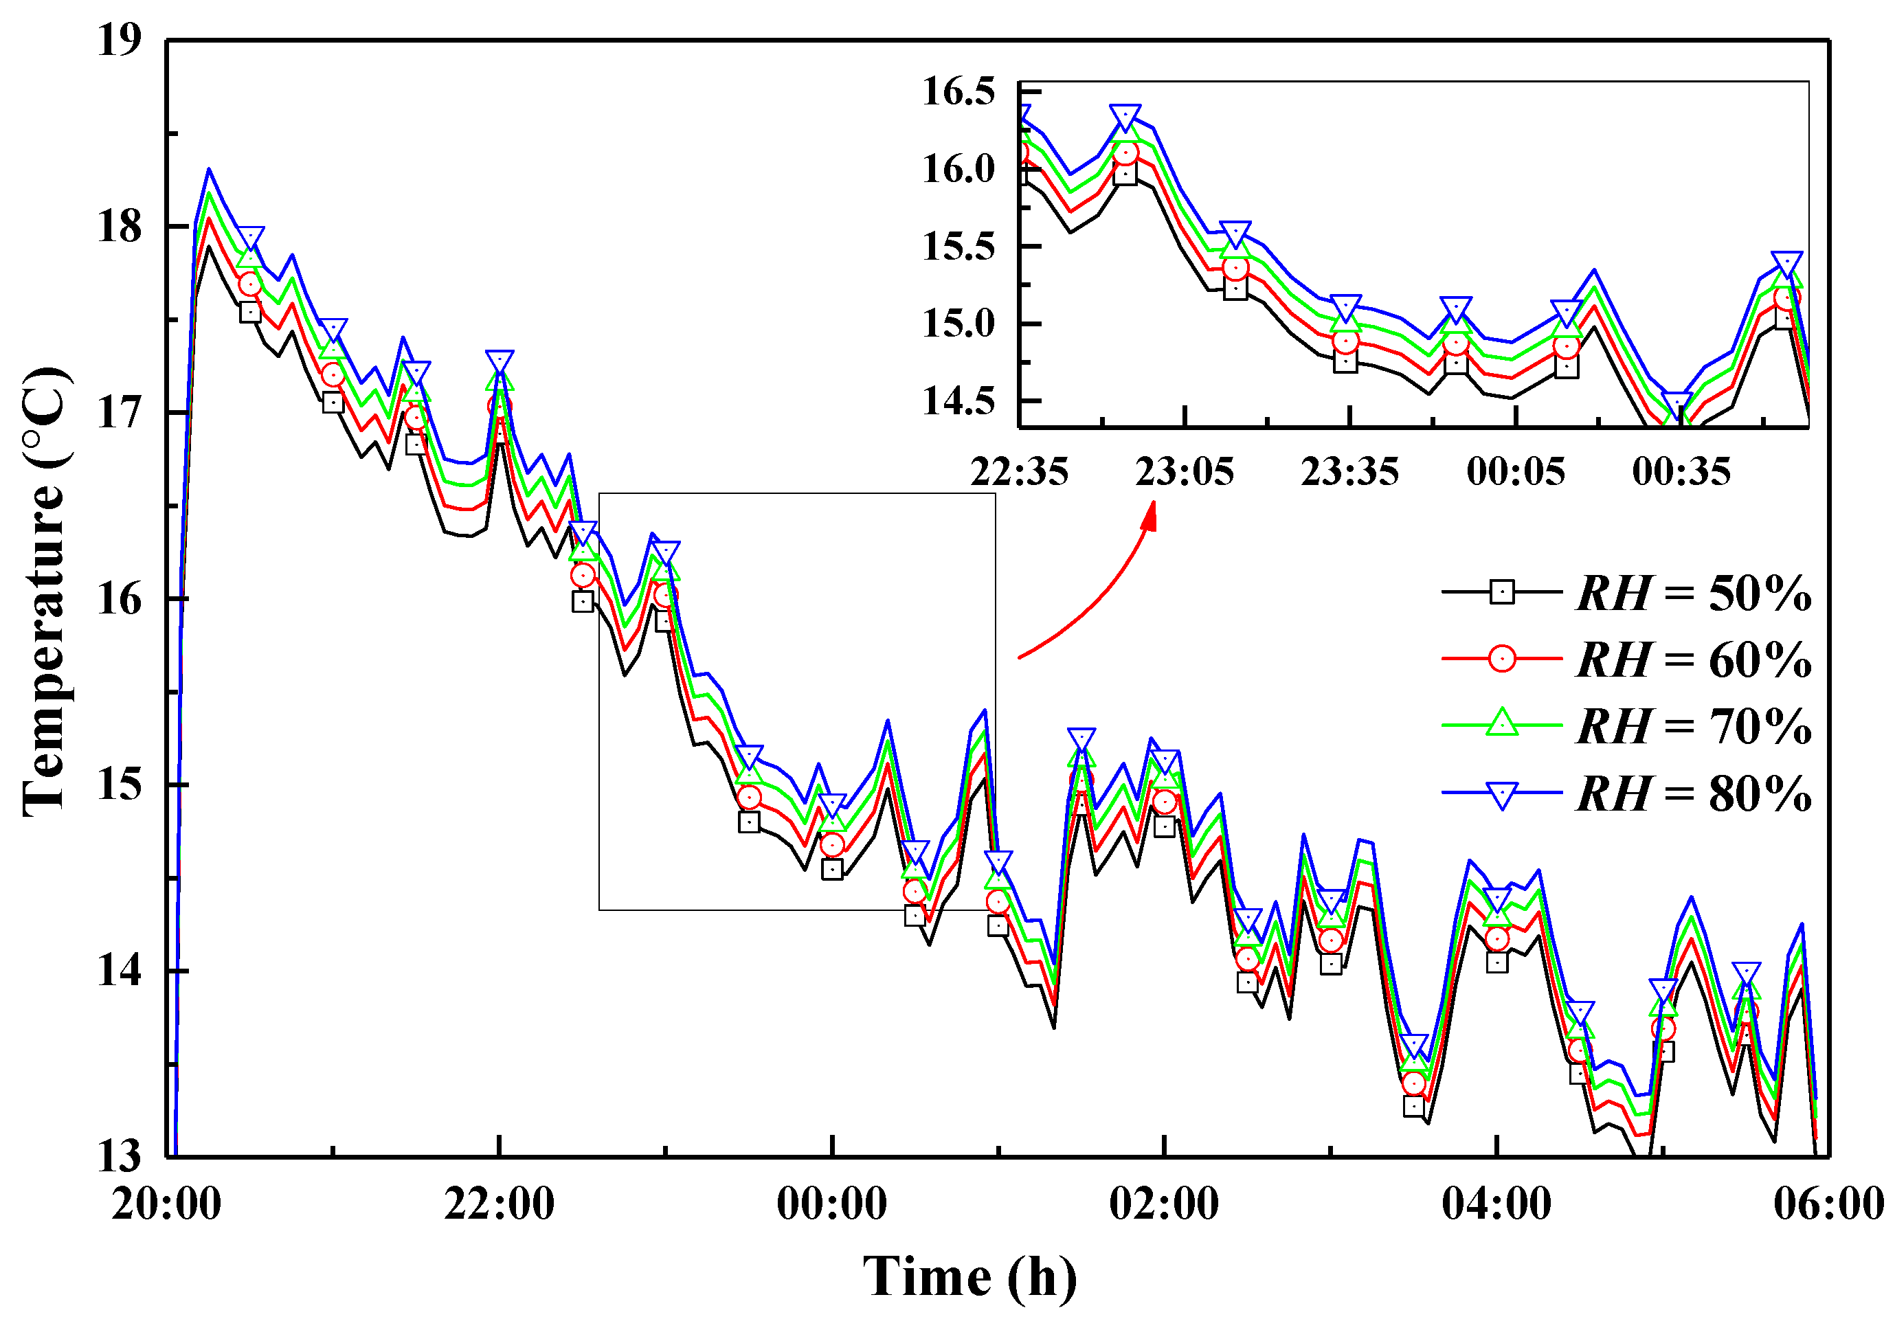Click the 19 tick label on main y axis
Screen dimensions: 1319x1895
tap(120, 40)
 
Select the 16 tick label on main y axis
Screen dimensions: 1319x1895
tap(120, 598)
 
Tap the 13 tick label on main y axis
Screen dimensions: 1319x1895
tap(120, 1156)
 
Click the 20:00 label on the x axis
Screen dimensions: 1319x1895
tap(167, 1204)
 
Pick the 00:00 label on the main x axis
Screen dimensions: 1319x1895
tap(832, 1204)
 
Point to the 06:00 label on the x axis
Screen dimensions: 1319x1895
tap(1829, 1204)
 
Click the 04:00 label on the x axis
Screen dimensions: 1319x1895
tap(1496, 1204)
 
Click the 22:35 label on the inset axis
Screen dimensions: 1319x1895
tap(1020, 472)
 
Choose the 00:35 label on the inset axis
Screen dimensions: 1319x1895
tap(1681, 472)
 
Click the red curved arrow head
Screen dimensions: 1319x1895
tap(1150, 517)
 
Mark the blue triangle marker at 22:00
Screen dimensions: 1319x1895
tap(500, 361)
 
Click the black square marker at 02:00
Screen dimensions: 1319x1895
tap(1165, 826)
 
